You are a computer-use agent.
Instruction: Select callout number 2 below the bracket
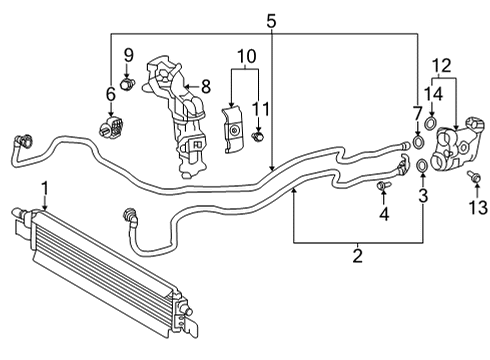[x=357, y=257]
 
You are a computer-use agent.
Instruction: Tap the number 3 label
[x=423, y=197]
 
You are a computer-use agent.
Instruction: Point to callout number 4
[x=384, y=214]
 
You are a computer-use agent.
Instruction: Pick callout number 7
[x=417, y=113]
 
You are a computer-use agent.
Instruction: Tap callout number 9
[x=128, y=54]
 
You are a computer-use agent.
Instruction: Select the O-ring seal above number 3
[x=423, y=165]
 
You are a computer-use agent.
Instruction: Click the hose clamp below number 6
[x=110, y=128]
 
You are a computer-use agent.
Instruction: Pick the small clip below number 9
[x=127, y=84]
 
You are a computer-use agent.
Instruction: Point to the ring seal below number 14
[x=431, y=124]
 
